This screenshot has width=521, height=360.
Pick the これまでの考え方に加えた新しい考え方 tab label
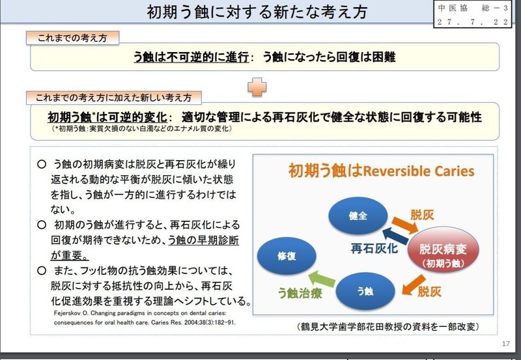click(x=113, y=98)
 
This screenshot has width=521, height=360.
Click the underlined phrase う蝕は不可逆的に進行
click(x=193, y=57)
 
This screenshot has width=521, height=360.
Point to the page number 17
click(x=505, y=344)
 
